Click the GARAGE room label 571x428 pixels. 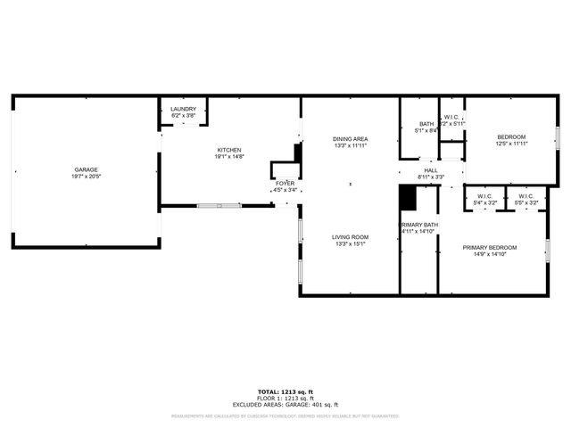pyautogui.click(x=86, y=169)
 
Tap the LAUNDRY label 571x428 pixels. pyautogui.click(x=183, y=109)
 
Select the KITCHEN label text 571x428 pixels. pyautogui.click(x=229, y=150)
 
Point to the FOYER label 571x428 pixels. pyautogui.click(x=285, y=183)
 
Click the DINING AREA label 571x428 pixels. pyautogui.click(x=351, y=139)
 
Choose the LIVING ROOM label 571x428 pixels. pyautogui.click(x=351, y=237)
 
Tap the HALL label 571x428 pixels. pyautogui.click(x=431, y=170)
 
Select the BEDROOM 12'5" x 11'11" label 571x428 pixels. pyautogui.click(x=511, y=136)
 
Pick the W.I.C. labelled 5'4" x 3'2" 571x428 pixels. pyautogui.click(x=484, y=196)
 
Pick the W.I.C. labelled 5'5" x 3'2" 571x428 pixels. pyautogui.click(x=525, y=196)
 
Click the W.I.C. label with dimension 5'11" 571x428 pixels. pyautogui.click(x=452, y=117)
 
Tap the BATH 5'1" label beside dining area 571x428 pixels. pyautogui.click(x=426, y=125)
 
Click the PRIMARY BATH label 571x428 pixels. pyautogui.click(x=418, y=225)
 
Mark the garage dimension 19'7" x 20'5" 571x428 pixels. pyautogui.click(x=86, y=177)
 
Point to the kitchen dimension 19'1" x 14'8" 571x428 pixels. pyautogui.click(x=229, y=157)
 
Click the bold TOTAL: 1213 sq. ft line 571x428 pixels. pyautogui.click(x=285, y=391)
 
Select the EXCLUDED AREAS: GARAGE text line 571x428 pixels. pyautogui.click(x=285, y=404)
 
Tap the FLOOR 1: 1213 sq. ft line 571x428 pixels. pyautogui.click(x=285, y=398)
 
